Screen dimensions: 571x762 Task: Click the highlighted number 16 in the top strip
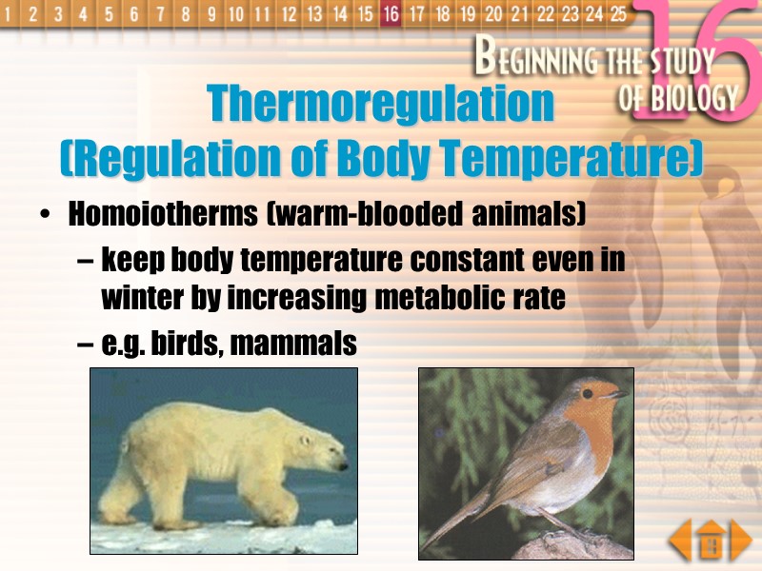pyautogui.click(x=390, y=13)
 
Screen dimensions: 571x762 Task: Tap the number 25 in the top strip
pyautogui.click(x=618, y=13)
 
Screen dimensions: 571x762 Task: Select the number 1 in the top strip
pyautogui.click(x=10, y=13)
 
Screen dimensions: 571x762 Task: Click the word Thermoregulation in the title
pyautogui.click(x=380, y=103)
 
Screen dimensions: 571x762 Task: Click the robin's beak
pyautogui.click(x=619, y=393)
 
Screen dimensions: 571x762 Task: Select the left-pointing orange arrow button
pyautogui.click(x=679, y=542)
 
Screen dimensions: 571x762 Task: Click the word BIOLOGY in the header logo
pyautogui.click(x=679, y=97)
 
